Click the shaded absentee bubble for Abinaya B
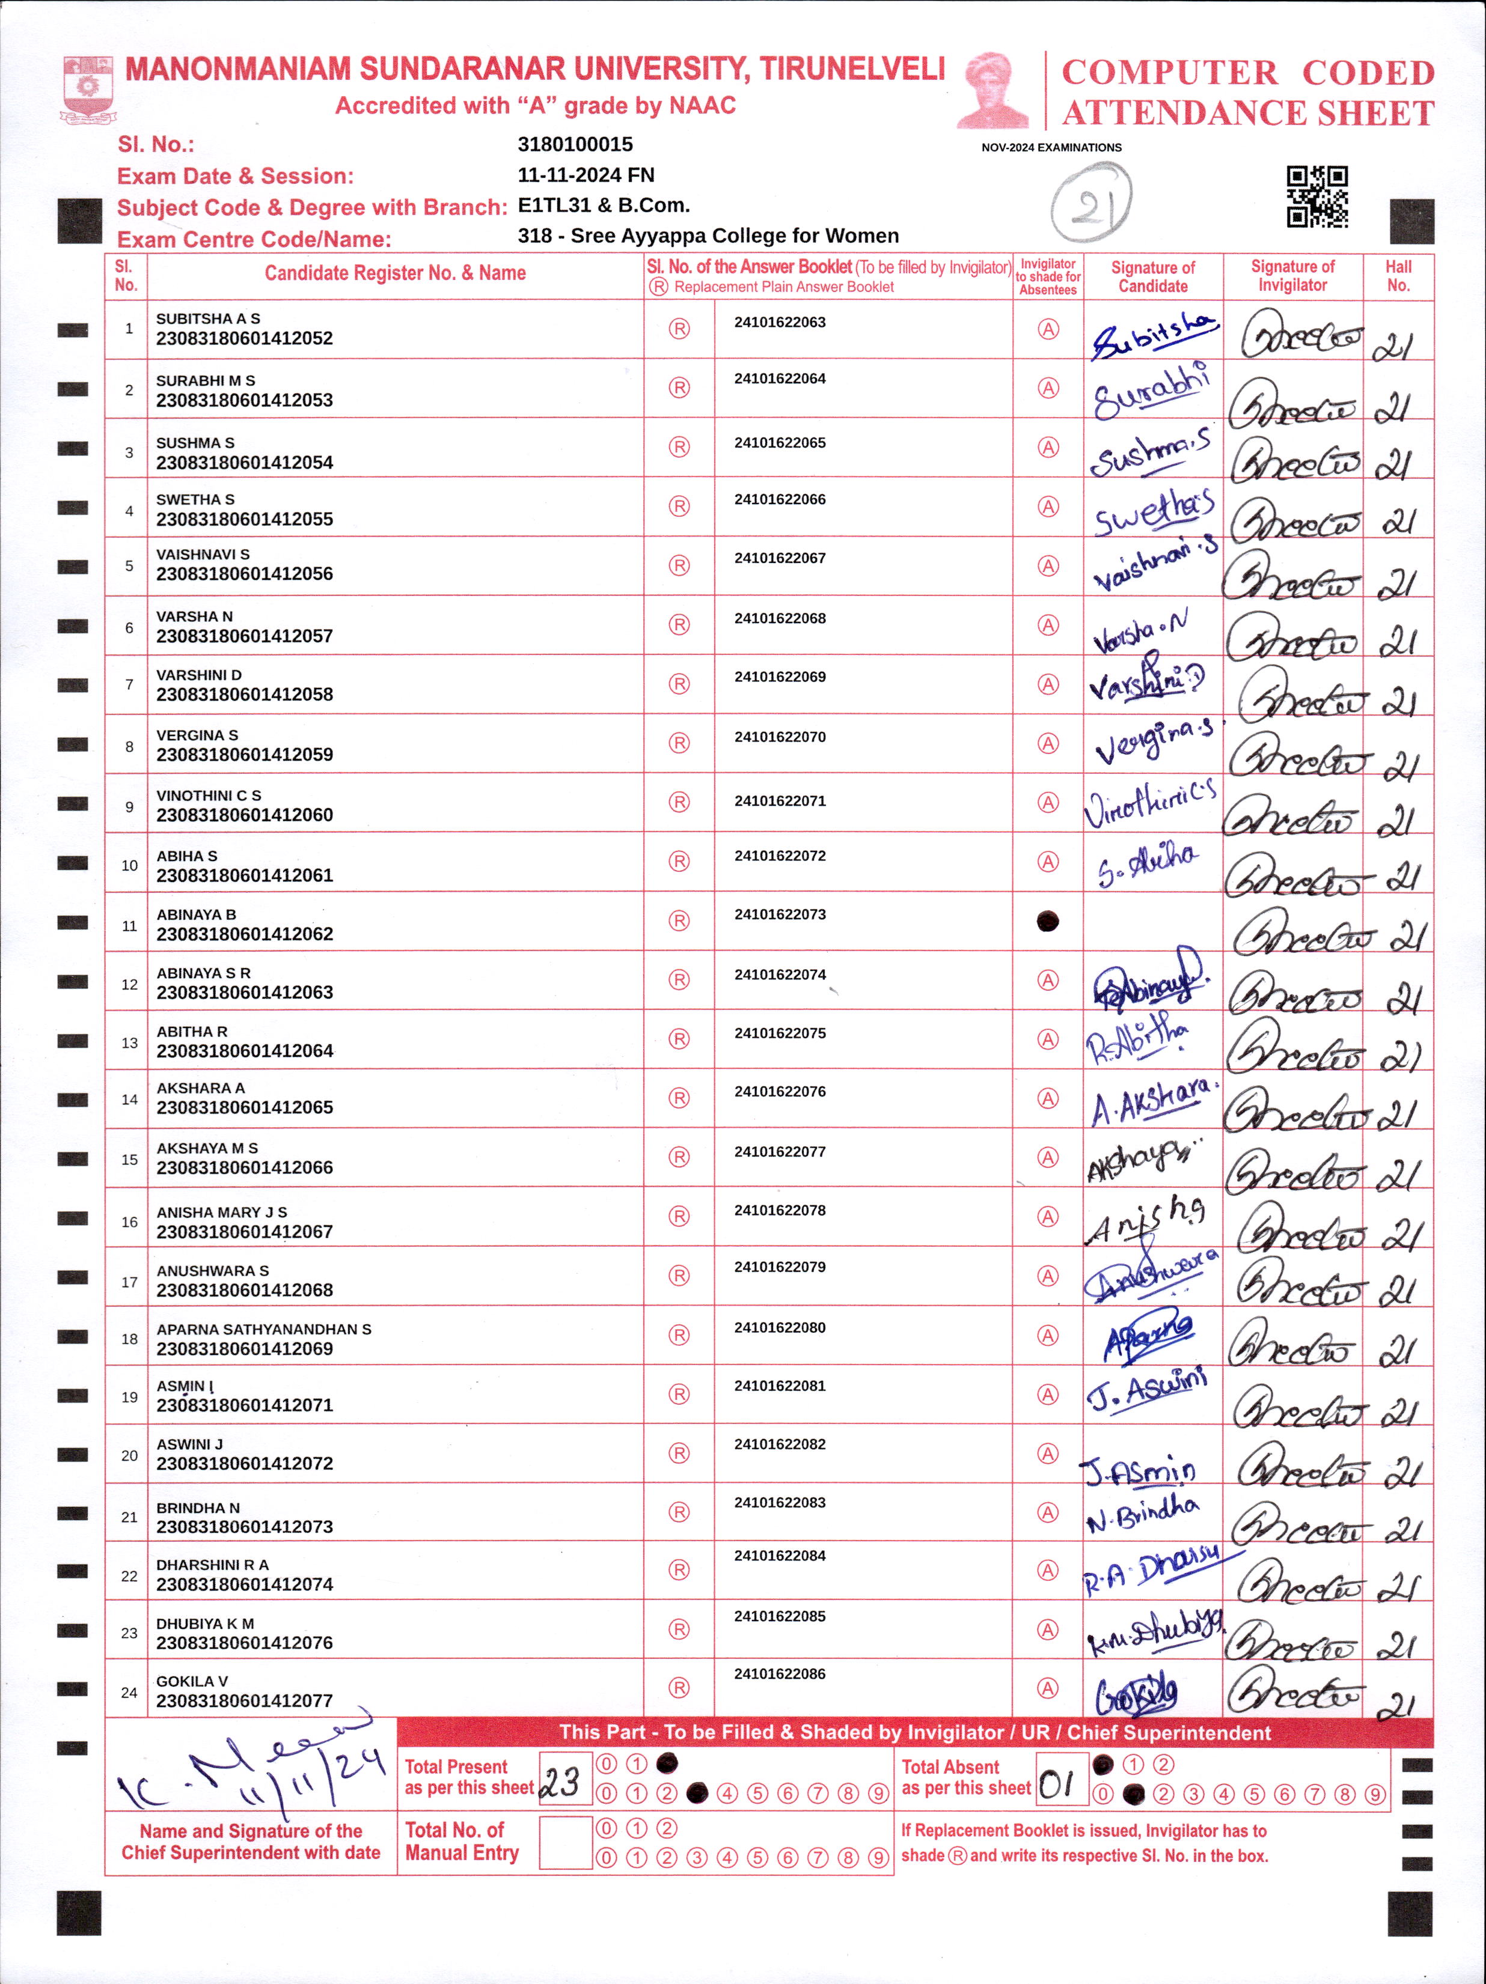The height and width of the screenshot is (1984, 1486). [1047, 921]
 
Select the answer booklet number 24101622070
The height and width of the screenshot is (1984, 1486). [780, 737]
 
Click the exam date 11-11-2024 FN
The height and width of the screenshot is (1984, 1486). [586, 175]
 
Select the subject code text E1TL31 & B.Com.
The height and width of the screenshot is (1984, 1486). [603, 205]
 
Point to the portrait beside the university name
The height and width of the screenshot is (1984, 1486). [993, 90]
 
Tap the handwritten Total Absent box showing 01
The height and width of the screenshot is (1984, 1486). [1060, 1780]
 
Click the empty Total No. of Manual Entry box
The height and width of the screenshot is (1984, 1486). [564, 1843]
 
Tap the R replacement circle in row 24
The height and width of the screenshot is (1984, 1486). [679, 1688]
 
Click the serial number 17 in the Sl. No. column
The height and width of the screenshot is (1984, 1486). [129, 1282]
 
